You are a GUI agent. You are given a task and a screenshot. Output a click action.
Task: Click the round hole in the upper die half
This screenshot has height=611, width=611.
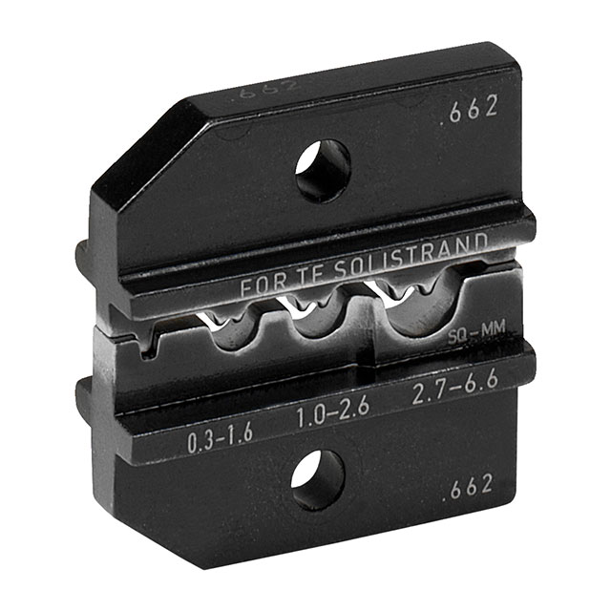(322, 170)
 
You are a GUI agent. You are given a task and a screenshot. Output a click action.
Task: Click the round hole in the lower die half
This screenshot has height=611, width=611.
(317, 479)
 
